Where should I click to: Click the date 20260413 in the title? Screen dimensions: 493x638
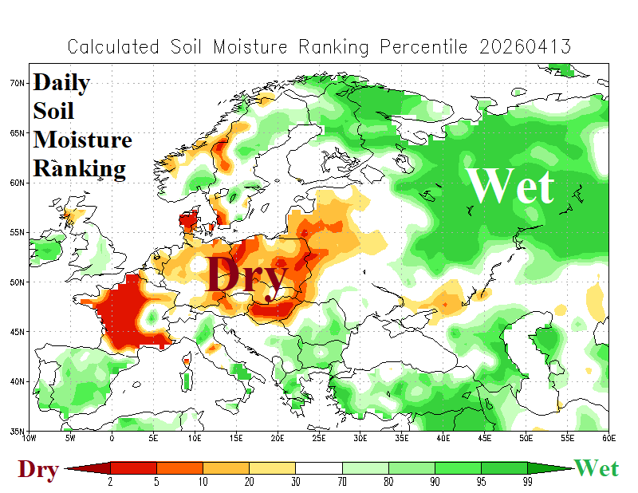526,46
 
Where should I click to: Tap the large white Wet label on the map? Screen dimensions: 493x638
510,187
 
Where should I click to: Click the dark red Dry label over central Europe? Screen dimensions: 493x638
246,276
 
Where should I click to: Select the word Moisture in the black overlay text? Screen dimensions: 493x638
82,140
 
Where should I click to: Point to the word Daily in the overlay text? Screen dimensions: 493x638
61,83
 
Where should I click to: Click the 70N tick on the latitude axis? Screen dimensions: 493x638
19,82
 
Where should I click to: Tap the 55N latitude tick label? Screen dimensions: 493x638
19,232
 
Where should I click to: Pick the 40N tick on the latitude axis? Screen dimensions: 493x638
19,381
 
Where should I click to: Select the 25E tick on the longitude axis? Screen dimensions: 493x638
319,438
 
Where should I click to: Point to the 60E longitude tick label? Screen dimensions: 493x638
608,438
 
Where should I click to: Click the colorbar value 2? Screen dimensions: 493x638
110,482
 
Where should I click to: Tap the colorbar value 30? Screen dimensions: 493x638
296,482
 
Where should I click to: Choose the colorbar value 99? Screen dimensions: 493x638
527,482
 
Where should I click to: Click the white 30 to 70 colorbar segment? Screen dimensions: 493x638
319,468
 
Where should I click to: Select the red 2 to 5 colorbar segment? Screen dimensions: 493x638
133,468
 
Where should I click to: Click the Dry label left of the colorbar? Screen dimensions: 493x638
38,470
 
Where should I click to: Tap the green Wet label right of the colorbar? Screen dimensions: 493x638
596,468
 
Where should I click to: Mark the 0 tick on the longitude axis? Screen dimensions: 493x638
112,438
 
